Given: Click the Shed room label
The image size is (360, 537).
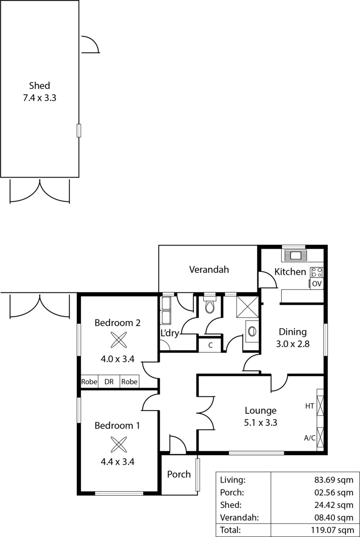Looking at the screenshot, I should click(40, 85).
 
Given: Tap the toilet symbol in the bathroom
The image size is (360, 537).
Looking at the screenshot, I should click(209, 306).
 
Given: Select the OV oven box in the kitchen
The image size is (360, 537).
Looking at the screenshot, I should click(317, 283).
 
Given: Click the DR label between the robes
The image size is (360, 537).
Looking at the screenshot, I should click(109, 382).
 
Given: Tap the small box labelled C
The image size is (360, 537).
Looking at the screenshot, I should click(210, 345).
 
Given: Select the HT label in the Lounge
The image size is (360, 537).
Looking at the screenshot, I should click(310, 406).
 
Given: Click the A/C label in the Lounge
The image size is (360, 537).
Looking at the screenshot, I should click(309, 437).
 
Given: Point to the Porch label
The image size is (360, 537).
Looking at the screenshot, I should click(179, 474).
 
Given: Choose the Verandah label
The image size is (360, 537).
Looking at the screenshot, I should click(209, 270).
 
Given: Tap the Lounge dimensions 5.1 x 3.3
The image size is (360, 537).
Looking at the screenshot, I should click(261, 422).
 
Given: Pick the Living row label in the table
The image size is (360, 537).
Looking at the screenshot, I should click(233, 480).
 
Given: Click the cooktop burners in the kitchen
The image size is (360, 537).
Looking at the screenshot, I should click(317, 272).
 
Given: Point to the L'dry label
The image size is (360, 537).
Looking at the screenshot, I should click(170, 333).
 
